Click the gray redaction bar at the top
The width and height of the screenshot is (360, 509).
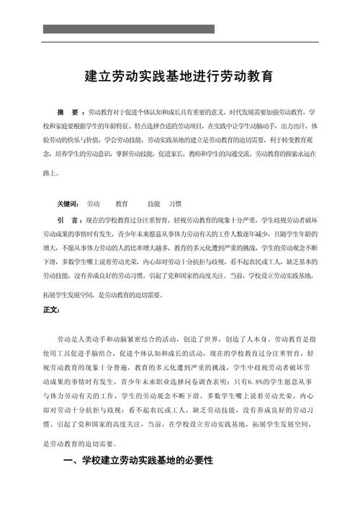129,29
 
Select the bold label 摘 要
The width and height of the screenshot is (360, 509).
71,112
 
